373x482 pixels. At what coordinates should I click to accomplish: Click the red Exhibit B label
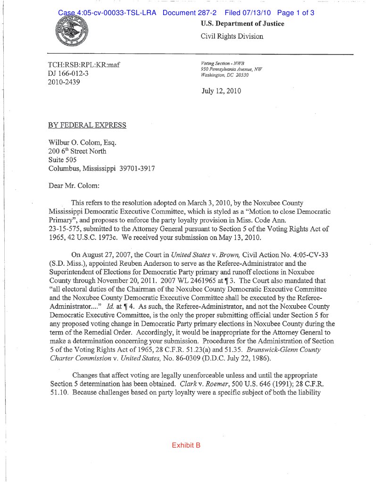tap(186, 445)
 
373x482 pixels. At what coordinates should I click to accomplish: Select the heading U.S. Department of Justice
tap(242, 24)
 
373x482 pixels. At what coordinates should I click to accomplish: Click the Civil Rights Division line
tap(232, 36)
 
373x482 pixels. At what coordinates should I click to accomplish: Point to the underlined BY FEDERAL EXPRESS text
tap(87, 125)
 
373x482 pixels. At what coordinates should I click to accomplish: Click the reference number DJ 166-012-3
tap(68, 74)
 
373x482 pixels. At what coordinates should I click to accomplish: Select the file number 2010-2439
tap(64, 82)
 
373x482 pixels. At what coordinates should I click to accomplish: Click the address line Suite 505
tap(63, 160)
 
